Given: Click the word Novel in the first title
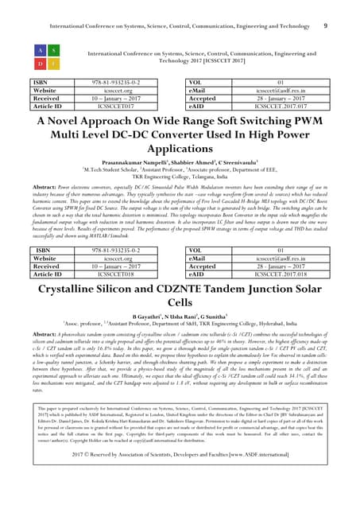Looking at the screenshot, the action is [x=78, y=122].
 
